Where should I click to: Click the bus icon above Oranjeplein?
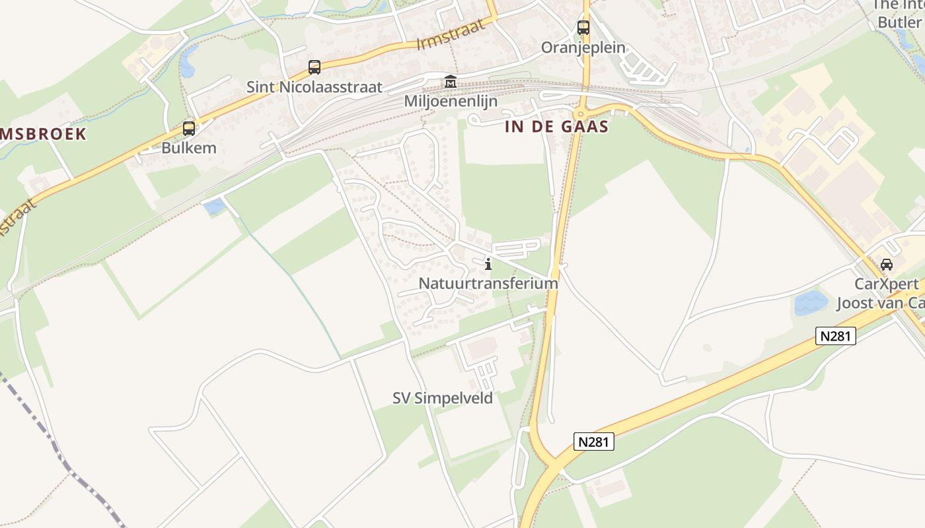583,28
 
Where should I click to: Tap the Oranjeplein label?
583,48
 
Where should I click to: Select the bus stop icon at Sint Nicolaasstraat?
314,67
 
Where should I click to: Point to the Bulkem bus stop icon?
189,129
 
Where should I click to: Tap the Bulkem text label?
189,147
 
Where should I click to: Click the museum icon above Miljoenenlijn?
451,82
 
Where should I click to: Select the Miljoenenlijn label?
451,102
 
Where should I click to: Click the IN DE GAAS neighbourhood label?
556,127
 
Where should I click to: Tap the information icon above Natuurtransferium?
488,265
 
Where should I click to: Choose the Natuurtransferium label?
488,283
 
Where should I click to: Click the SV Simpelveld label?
443,398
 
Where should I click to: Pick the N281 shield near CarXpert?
836,336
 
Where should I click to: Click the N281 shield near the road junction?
593,442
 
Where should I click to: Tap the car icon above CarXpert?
887,265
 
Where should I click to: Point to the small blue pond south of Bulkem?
214,207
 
